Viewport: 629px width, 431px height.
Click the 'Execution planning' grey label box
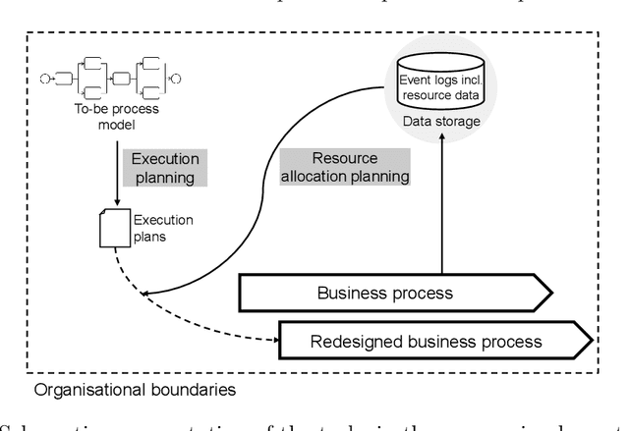(165, 168)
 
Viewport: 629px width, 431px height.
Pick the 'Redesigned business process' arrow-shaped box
(433, 342)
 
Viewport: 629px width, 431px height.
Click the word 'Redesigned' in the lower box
(357, 342)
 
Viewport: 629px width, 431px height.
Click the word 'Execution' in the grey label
(165, 159)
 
